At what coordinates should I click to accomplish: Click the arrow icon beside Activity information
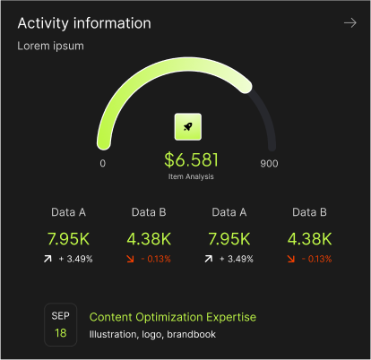pyautogui.click(x=349, y=22)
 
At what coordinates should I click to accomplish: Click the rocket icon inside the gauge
pyautogui.click(x=187, y=127)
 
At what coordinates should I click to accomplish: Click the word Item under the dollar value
pyautogui.click(x=175, y=176)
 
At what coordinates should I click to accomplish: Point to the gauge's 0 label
pyautogui.click(x=103, y=164)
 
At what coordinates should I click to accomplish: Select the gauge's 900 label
pyautogui.click(x=269, y=164)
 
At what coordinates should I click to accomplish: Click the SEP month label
pyautogui.click(x=60, y=316)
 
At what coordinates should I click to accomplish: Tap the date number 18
pyautogui.click(x=60, y=333)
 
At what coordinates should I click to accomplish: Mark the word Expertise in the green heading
pyautogui.click(x=233, y=317)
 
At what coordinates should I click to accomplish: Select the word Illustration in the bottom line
pyautogui.click(x=115, y=335)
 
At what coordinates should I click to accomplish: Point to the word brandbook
pyautogui.click(x=191, y=335)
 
